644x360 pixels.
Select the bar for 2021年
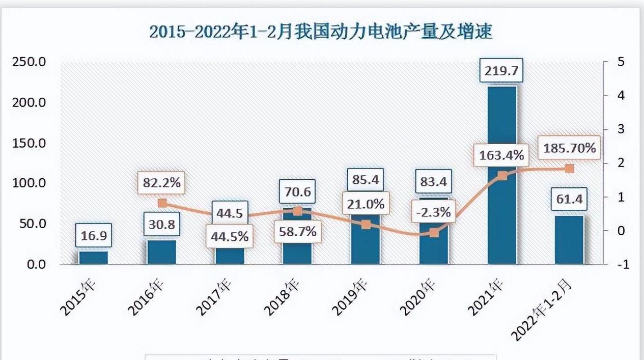pyautogui.click(x=502, y=204)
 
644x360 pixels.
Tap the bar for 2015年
pyautogui.click(x=93, y=258)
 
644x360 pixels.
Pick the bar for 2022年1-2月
pyautogui.click(x=569, y=240)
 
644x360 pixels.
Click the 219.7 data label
pyautogui.click(x=501, y=71)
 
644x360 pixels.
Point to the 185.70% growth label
pyautogui.click(x=569, y=148)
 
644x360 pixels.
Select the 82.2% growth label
pyautogui.click(x=162, y=183)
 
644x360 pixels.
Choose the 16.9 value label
pyautogui.click(x=94, y=236)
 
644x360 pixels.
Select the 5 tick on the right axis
pyautogui.click(x=621, y=62)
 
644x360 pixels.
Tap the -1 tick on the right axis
pyautogui.click(x=621, y=264)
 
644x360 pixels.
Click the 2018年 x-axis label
pyautogui.click(x=281, y=297)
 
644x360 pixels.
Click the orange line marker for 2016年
pyautogui.click(x=162, y=203)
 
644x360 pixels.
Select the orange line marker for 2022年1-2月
pyautogui.click(x=569, y=169)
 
